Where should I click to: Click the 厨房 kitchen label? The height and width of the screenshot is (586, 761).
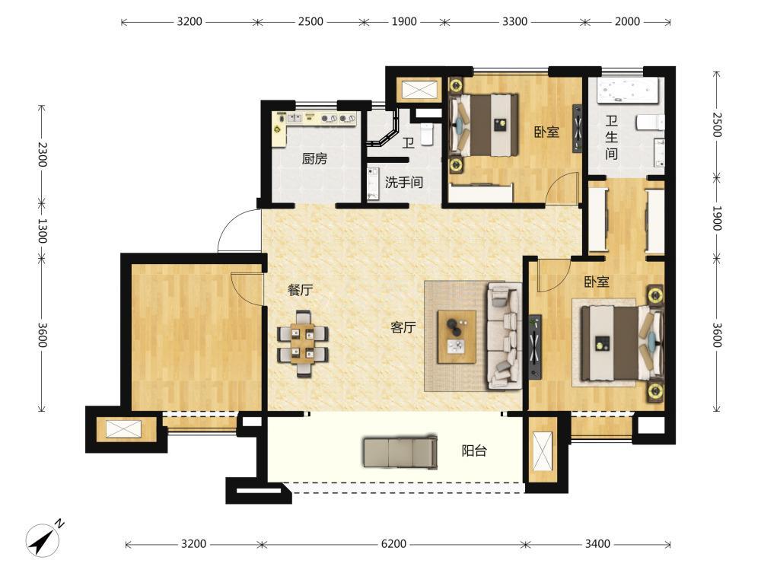(x=314, y=159)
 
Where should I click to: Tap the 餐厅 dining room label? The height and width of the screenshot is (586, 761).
(x=300, y=290)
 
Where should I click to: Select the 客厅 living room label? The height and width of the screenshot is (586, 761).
(x=403, y=327)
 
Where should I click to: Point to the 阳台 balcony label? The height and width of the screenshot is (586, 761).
(x=473, y=451)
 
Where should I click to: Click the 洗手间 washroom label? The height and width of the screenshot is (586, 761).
(x=404, y=183)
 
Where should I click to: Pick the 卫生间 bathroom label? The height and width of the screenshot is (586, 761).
(x=612, y=138)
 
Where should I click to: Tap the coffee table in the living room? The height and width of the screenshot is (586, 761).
(x=456, y=336)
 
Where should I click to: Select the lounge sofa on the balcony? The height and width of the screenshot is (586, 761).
(x=400, y=451)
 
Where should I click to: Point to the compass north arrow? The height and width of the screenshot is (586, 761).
(x=42, y=540)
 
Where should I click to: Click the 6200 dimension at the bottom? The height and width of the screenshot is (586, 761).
(x=393, y=543)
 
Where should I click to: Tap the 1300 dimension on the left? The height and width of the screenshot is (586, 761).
(x=42, y=231)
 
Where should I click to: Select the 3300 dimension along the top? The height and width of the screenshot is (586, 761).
(x=514, y=21)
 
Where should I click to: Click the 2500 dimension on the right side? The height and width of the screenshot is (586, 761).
(x=718, y=126)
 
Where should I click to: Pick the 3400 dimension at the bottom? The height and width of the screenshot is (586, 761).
(x=597, y=543)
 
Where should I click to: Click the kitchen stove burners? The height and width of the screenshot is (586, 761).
(x=335, y=118)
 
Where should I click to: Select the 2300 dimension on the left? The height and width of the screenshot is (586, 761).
(x=42, y=154)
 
